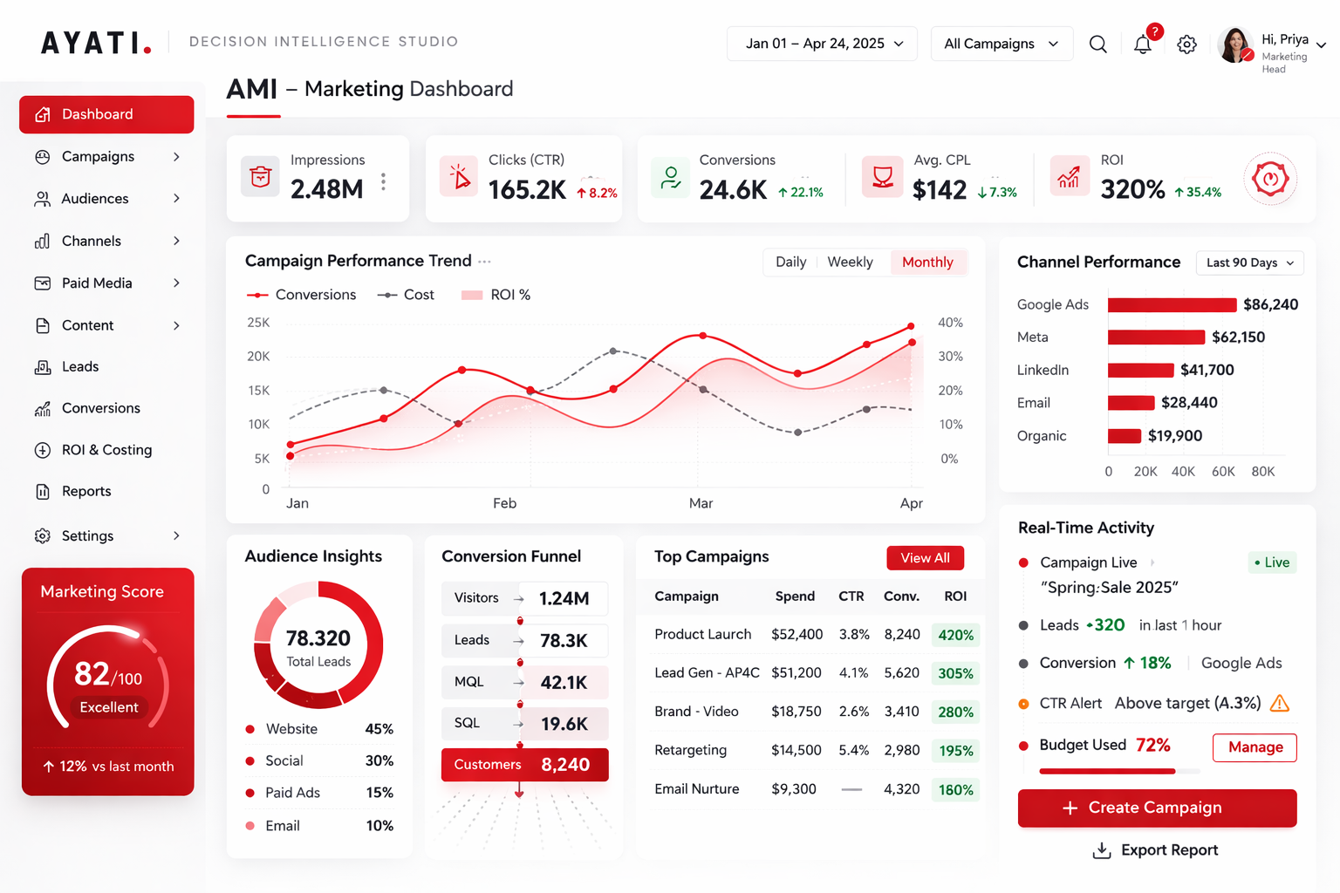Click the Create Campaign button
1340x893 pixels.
click(1157, 808)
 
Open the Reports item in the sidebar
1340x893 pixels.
click(86, 492)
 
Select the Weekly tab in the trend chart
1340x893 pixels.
click(850, 262)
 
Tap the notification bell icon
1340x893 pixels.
click(1142, 44)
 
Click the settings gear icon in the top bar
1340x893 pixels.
click(1186, 44)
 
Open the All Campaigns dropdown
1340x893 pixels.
click(1001, 44)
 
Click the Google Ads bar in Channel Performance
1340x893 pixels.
click(1172, 304)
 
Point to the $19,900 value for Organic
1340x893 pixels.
click(1174, 436)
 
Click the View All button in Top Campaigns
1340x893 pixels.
click(925, 558)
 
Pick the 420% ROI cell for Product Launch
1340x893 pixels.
click(955, 635)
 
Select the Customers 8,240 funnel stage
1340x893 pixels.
click(524, 765)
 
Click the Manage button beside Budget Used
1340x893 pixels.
click(1255, 747)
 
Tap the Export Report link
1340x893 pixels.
click(1156, 850)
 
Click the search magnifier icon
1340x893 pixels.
click(1097, 44)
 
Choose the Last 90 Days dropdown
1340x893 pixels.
click(1249, 262)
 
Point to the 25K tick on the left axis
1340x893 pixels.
click(258, 323)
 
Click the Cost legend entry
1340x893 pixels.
click(407, 295)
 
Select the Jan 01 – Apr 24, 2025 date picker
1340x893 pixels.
click(822, 44)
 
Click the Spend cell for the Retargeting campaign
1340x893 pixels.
click(796, 750)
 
